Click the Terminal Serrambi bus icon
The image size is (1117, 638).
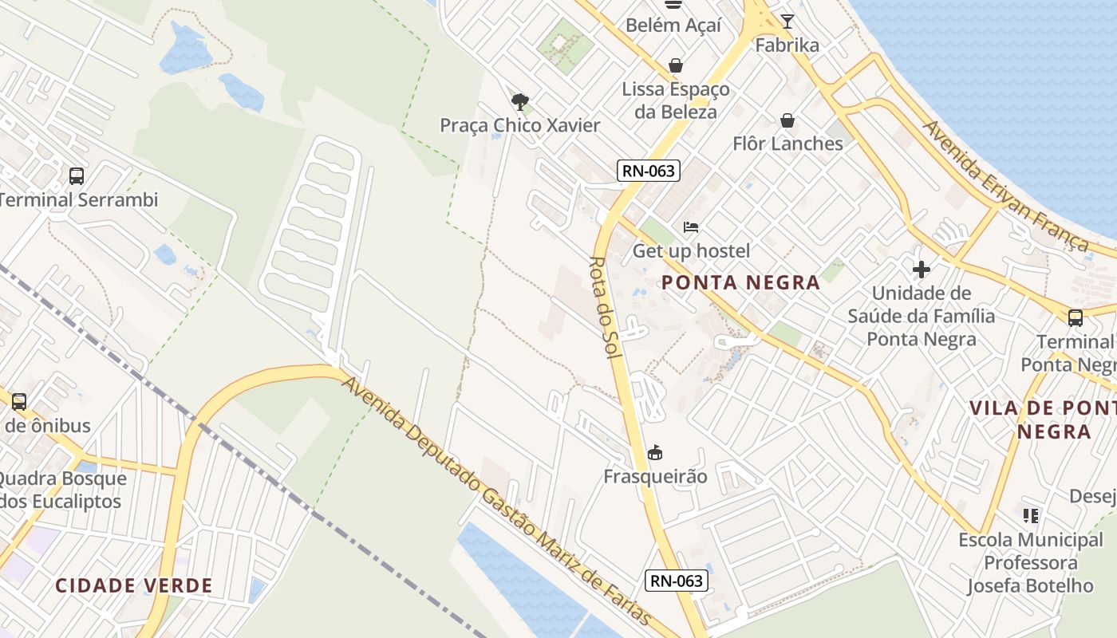click(77, 176)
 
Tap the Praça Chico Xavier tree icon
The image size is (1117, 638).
click(520, 102)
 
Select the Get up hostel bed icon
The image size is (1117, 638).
click(691, 227)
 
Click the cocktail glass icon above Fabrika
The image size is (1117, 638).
click(787, 22)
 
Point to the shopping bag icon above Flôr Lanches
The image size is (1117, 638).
click(787, 120)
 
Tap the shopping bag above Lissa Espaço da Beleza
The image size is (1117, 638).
click(676, 65)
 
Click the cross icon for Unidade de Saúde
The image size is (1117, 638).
click(922, 270)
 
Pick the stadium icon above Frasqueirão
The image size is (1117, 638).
click(655, 453)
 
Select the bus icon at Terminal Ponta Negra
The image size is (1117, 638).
click(1076, 318)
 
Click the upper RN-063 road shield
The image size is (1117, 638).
click(647, 170)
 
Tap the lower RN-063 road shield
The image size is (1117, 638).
click(677, 581)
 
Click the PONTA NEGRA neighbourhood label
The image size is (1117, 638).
click(740, 282)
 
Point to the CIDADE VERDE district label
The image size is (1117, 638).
click(134, 585)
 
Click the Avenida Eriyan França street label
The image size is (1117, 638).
click(1005, 187)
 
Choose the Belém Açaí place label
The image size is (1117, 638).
click(673, 25)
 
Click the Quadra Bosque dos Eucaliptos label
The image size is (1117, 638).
click(62, 490)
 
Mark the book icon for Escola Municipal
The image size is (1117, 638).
click(1031, 516)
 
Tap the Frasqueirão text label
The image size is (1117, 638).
click(655, 477)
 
